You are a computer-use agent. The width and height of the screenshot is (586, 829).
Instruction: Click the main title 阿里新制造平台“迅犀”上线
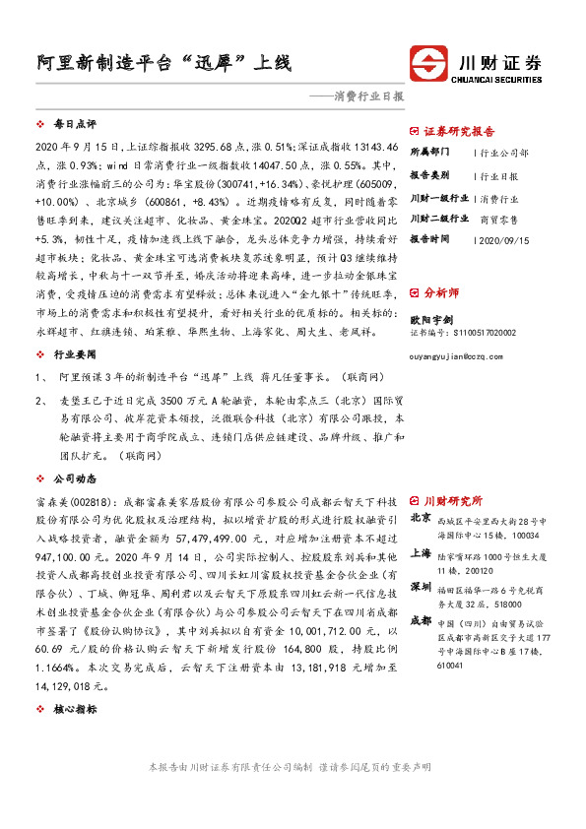click(158, 63)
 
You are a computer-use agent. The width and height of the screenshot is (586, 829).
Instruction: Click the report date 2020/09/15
click(503, 239)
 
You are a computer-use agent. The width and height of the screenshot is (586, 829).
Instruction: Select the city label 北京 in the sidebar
click(421, 517)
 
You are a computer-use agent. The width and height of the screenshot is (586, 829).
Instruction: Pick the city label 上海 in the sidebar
click(421, 553)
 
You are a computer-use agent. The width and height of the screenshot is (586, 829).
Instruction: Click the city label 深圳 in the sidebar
click(421, 589)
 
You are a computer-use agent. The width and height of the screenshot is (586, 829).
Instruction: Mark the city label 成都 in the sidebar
click(421, 621)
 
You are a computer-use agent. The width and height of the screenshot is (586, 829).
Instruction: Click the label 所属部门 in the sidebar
click(430, 153)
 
